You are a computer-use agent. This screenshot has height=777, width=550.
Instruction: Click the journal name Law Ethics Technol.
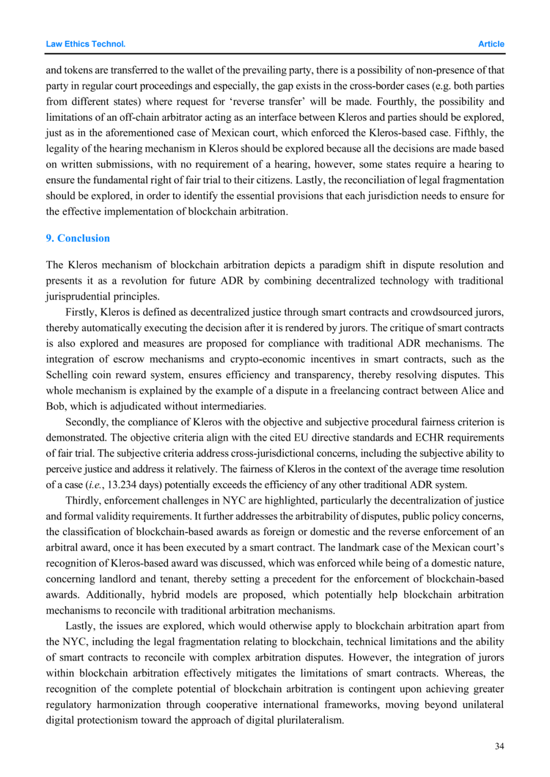pyautogui.click(x=86, y=44)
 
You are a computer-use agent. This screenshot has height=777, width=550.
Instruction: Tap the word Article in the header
pyautogui.click(x=491, y=44)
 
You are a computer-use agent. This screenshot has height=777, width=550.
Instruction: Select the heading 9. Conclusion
pyautogui.click(x=78, y=238)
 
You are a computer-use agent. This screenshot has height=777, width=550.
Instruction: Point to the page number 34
pyautogui.click(x=499, y=746)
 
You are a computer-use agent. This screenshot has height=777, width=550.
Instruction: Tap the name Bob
pyautogui.click(x=56, y=406)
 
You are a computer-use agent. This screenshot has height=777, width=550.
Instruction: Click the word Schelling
pyautogui.click(x=67, y=375)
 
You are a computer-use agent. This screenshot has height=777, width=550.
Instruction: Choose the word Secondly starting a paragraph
pyautogui.click(x=86, y=422)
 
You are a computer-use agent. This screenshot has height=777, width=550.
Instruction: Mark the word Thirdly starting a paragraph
pyautogui.click(x=83, y=501)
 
